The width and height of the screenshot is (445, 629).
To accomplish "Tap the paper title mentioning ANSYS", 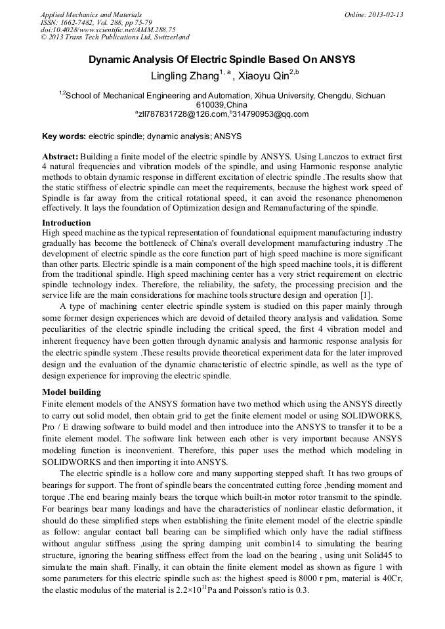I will [222, 60].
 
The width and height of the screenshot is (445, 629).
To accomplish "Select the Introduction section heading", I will [66, 223].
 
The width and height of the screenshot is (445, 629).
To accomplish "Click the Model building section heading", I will [72, 392].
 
